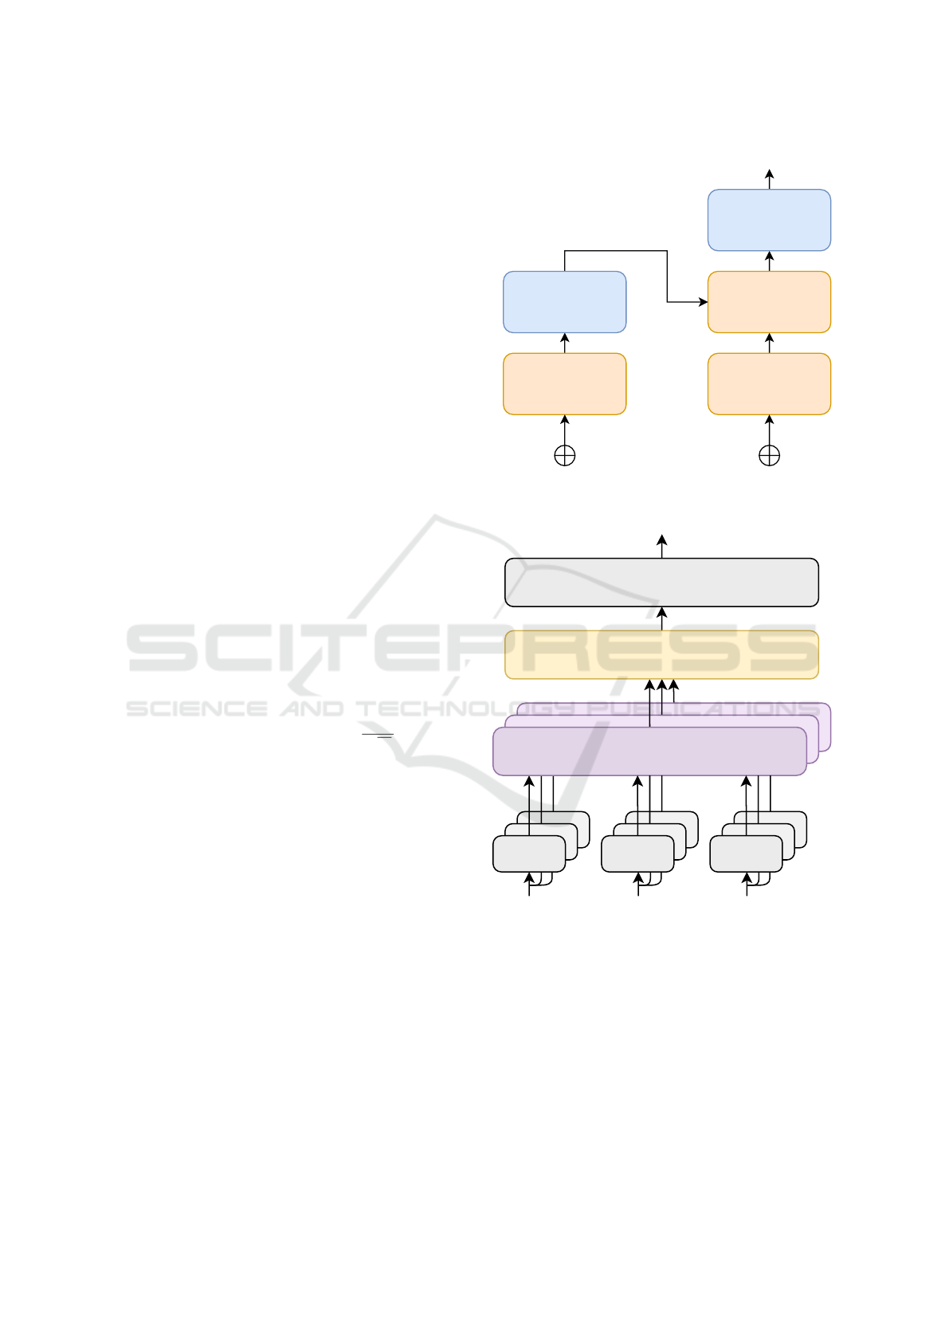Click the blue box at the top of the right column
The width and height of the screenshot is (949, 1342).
(x=769, y=220)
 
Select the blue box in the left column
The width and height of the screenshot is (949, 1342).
(x=564, y=302)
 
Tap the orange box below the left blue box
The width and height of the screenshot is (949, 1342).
(x=564, y=384)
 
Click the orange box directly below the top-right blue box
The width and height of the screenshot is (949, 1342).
(x=769, y=302)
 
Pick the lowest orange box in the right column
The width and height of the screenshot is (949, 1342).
(x=769, y=384)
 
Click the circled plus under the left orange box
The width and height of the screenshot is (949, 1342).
(x=564, y=456)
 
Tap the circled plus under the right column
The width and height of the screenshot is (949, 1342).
(x=769, y=456)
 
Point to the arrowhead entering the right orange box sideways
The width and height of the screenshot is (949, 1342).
(x=704, y=302)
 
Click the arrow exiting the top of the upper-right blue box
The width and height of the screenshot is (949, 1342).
(x=769, y=179)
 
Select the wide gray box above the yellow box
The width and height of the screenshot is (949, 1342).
(x=661, y=583)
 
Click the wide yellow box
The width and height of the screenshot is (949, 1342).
(x=661, y=655)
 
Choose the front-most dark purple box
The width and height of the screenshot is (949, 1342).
(x=649, y=751)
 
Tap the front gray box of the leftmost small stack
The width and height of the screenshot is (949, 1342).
(x=529, y=853)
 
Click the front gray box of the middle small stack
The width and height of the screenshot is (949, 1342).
(x=637, y=853)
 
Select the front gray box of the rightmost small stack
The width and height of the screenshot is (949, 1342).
(x=746, y=853)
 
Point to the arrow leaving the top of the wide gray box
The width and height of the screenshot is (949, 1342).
(x=661, y=547)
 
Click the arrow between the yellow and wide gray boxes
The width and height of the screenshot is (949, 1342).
(x=661, y=619)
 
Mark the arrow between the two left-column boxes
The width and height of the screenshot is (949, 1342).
(x=564, y=343)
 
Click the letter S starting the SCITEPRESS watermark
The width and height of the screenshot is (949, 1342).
(x=162, y=648)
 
